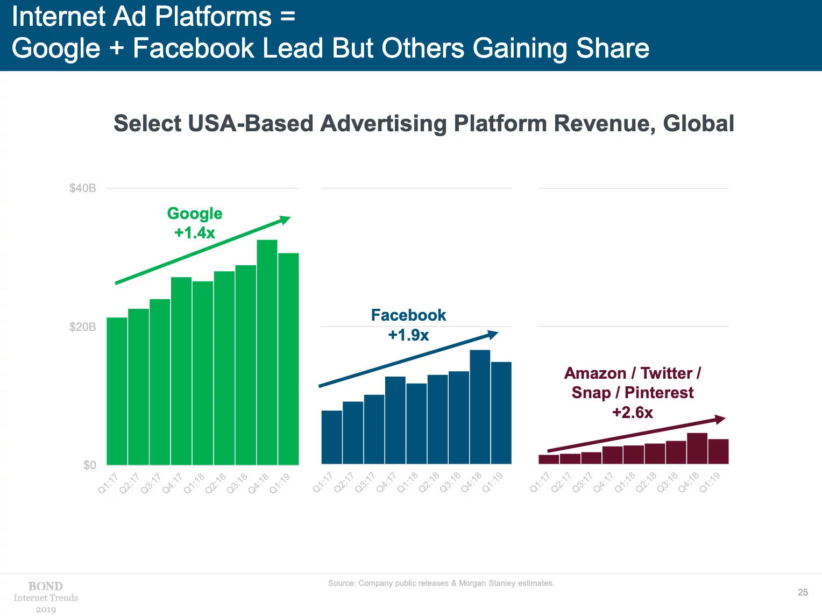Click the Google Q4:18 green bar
[x=267, y=352]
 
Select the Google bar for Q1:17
[x=117, y=391]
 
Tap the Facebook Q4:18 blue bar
[x=480, y=407]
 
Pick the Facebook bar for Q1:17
[x=331, y=437]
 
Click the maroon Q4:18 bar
[x=697, y=448]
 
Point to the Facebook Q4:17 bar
[x=395, y=420]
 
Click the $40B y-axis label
[x=83, y=188]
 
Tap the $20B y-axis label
[x=83, y=327]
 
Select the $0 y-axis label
[x=89, y=465]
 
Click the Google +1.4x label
[x=195, y=233]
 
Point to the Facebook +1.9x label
[x=408, y=335]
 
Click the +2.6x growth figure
[x=633, y=413]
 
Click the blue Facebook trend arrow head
[x=493, y=334]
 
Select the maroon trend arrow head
[x=720, y=419]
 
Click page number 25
[x=803, y=592]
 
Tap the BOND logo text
[x=46, y=586]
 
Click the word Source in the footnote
[x=342, y=583]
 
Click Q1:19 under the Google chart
[x=280, y=482]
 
